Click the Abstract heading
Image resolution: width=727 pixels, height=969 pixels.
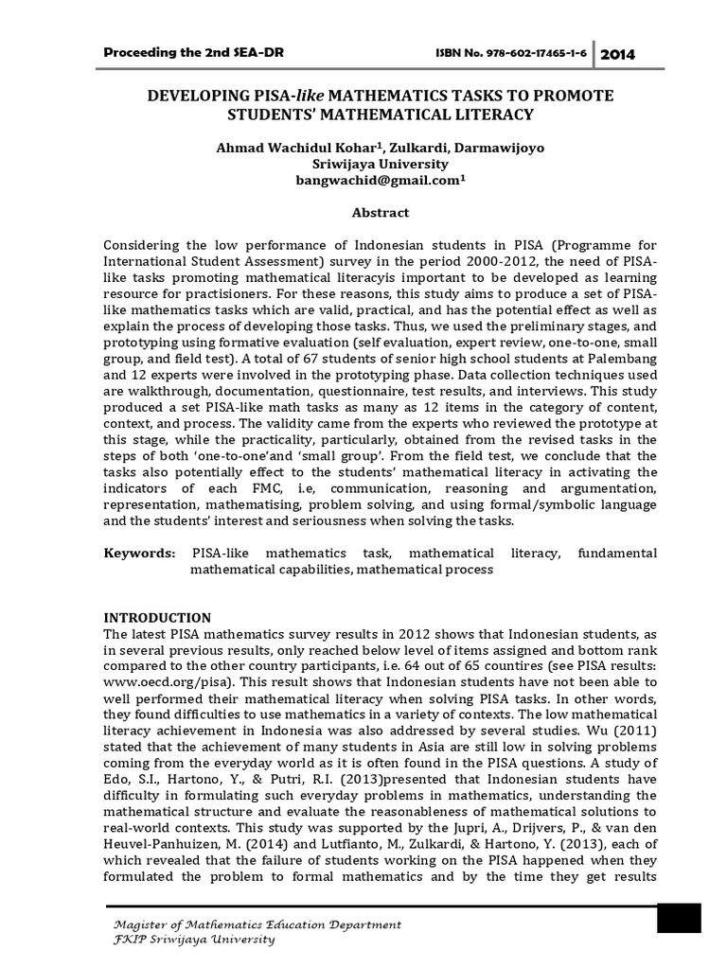coord(363,213)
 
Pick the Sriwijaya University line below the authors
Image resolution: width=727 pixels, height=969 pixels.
coord(363,165)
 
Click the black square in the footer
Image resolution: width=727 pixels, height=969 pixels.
coord(678,919)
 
